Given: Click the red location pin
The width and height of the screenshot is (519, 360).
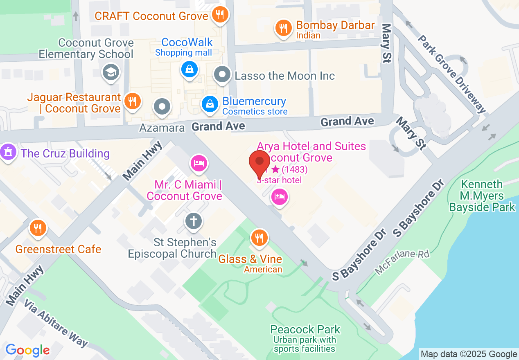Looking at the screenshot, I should pos(259,163).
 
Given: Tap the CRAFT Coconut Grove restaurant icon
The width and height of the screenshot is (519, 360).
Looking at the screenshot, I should pos(220,15).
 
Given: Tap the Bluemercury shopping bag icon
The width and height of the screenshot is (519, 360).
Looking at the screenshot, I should pos(210,104).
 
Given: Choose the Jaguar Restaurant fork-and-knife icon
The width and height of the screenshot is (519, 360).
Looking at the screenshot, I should pos(132,100).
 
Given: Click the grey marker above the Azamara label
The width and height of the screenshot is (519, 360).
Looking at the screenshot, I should pos(162,107).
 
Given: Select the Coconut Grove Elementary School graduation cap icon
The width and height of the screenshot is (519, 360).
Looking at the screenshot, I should pos(111,72).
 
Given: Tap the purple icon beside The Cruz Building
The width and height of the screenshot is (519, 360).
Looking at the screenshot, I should pos(8,152).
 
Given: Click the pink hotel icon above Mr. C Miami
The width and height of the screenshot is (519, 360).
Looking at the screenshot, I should pos(199,164).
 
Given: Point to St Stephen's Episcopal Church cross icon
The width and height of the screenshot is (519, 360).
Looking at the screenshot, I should pos(193,221).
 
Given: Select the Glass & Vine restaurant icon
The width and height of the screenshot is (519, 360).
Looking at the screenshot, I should pos(259,237).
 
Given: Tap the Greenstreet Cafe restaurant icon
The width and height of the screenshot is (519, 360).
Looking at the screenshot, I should pos(38,227).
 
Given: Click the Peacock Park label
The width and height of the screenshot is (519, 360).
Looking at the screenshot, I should pos(305,329).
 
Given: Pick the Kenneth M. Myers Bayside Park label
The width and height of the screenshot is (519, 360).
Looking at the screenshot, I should pos(482,196).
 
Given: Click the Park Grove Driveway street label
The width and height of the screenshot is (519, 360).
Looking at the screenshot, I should pos(452,74).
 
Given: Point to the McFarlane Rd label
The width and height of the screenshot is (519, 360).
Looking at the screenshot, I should pos(402,262).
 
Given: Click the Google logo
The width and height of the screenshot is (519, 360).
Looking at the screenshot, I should pos(27,350).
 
